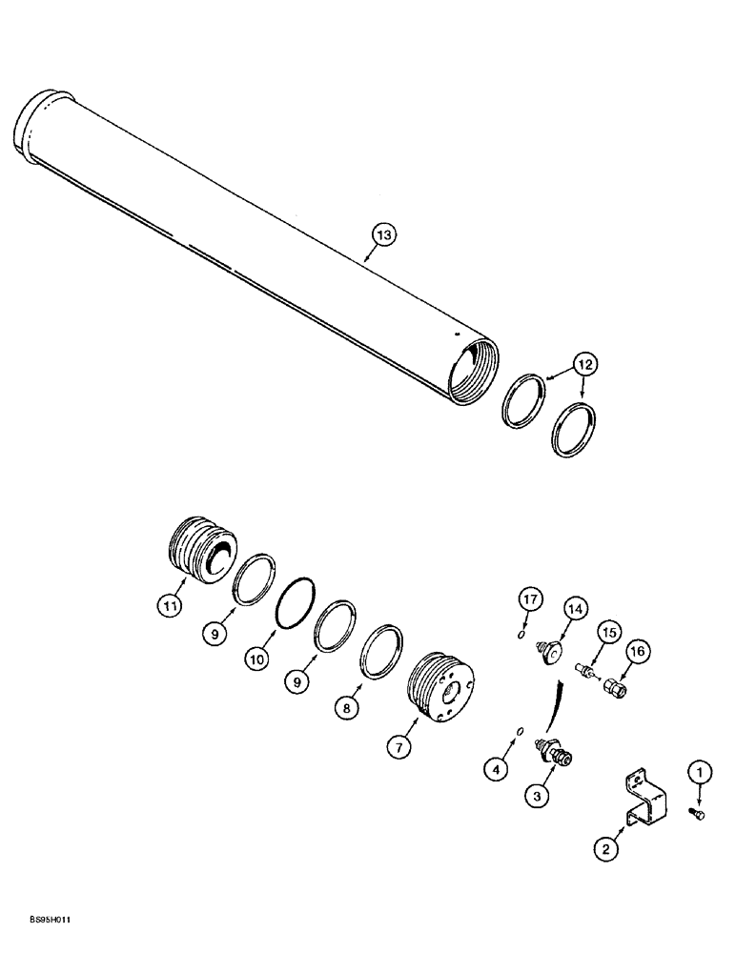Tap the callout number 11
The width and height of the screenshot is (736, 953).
(168, 603)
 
